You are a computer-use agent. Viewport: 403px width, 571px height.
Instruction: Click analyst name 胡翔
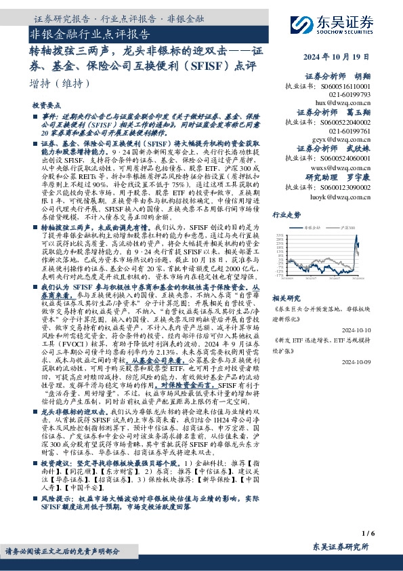383,77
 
